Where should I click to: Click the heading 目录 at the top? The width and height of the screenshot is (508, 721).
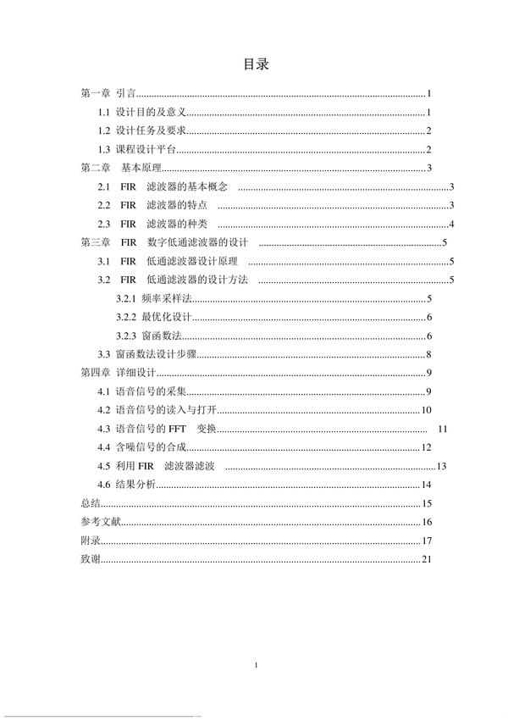coord(255,64)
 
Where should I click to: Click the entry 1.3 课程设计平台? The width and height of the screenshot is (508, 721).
coord(136,150)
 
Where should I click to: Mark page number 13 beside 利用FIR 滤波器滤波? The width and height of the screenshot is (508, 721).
coord(441,466)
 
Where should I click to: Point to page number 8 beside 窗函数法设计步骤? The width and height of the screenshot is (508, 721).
coord(430,354)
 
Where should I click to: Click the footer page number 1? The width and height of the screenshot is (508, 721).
coord(255,667)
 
